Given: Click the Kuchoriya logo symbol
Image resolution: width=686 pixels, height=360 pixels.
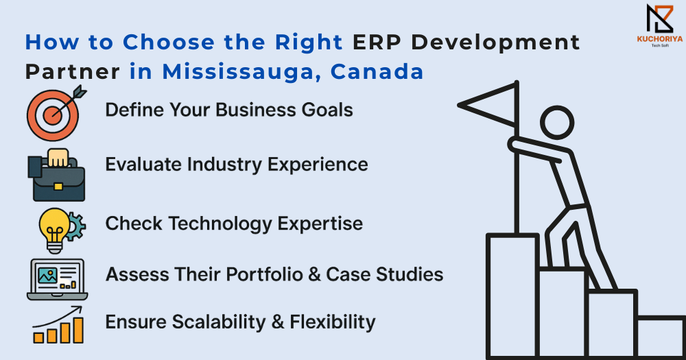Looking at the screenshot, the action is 660,19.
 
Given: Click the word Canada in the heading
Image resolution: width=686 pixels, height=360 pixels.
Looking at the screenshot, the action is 377,72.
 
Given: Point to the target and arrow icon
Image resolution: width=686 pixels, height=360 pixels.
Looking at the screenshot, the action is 56,113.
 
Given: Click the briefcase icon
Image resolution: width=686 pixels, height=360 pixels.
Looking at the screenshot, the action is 56,175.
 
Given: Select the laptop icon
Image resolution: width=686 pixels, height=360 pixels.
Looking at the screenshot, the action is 57,280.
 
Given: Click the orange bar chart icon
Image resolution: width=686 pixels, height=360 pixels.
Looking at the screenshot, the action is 58,325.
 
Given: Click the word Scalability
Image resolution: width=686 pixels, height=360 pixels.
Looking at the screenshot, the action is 219,322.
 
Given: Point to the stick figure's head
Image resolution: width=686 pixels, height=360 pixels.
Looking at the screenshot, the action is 557,123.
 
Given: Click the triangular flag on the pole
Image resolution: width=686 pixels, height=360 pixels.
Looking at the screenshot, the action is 487,105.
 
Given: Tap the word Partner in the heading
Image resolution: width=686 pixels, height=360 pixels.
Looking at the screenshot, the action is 72,72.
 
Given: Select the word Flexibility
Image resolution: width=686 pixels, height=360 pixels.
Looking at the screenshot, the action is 333,322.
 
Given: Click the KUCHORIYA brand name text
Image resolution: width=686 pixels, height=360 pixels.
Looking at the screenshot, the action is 660,39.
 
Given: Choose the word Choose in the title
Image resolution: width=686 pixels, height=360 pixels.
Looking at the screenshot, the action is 169,43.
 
